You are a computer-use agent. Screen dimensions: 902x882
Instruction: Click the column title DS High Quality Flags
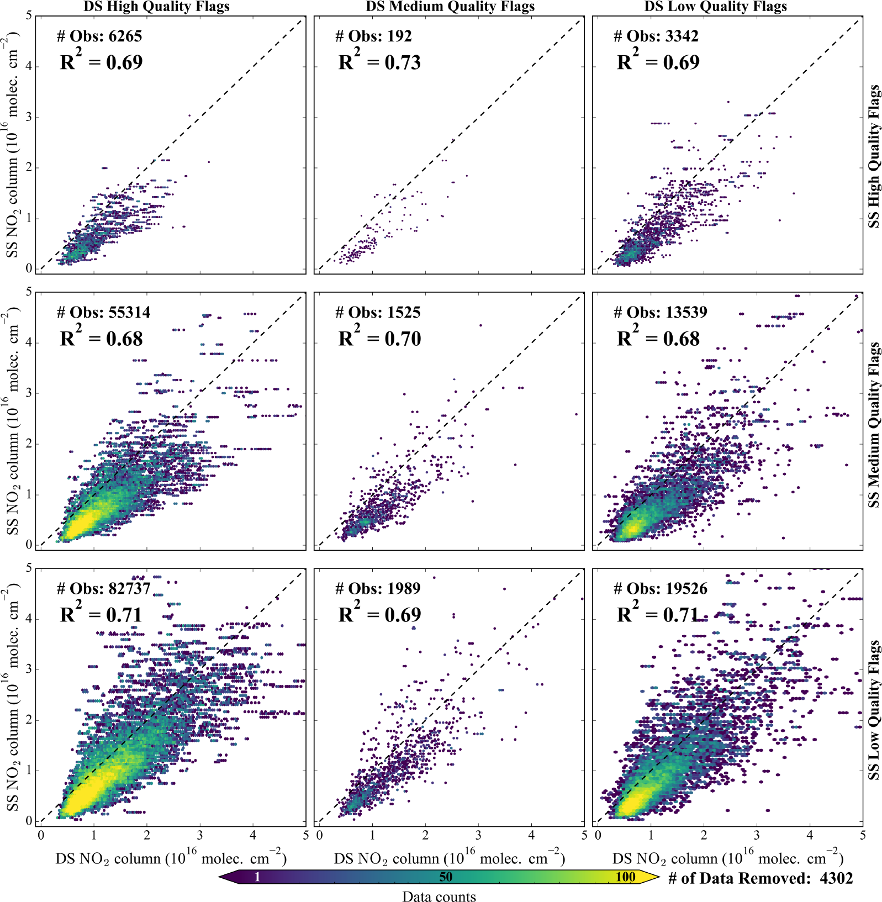click(x=156, y=7)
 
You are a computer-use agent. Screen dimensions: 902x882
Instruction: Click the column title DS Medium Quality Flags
click(x=450, y=7)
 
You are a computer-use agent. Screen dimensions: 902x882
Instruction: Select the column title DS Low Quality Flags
click(x=715, y=7)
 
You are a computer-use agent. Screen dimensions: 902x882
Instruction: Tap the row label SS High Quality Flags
click(x=873, y=156)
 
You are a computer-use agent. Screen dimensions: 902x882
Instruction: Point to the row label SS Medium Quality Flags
click(x=873, y=425)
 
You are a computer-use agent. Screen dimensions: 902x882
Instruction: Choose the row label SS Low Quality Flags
click(x=873, y=710)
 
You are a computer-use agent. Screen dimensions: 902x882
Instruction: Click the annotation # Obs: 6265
click(x=99, y=36)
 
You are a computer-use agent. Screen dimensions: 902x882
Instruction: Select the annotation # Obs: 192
click(x=373, y=36)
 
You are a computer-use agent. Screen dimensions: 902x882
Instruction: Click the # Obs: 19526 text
click(x=661, y=589)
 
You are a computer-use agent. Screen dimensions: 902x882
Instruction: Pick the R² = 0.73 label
click(x=379, y=61)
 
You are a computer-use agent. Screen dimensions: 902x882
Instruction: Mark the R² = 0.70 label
click(x=379, y=337)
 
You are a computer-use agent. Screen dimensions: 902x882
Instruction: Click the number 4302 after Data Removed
click(x=836, y=878)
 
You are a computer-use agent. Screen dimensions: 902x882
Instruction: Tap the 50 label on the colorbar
click(x=446, y=877)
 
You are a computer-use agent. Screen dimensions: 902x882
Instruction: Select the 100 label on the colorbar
click(x=625, y=877)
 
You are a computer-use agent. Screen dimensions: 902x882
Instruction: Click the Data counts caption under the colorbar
click(x=439, y=896)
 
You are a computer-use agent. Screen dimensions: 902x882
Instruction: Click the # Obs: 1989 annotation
click(x=378, y=589)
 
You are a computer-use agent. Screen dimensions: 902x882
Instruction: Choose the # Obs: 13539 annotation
click(x=661, y=313)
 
